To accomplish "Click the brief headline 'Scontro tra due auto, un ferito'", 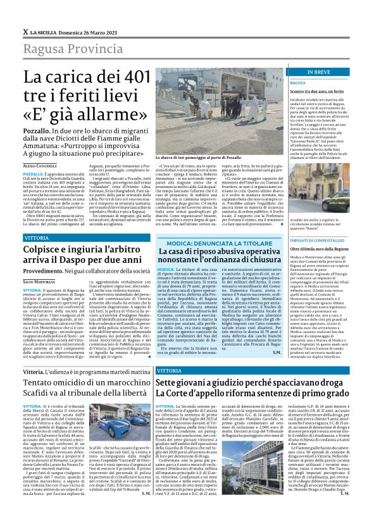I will coord(315,91).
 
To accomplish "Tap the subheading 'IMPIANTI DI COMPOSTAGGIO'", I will coord(316,240).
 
